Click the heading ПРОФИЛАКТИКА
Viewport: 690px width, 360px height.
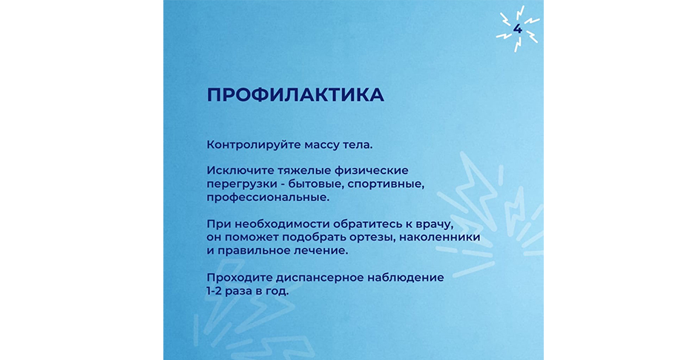coord(295,95)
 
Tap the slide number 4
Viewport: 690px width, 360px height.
coord(518,29)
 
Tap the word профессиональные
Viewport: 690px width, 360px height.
coord(268,197)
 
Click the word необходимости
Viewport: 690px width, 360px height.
coord(282,224)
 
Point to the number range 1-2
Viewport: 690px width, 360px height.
coord(214,292)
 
